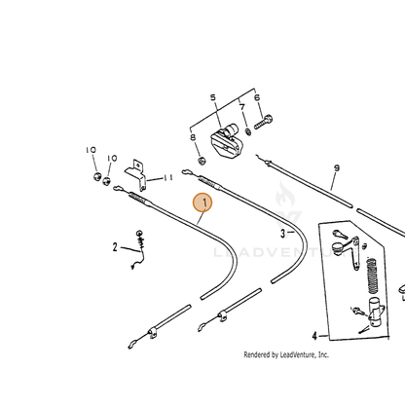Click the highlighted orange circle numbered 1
202,202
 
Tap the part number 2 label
115,247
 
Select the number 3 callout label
283,234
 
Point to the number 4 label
314,336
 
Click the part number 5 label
213,97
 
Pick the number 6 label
257,97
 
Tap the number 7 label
242,107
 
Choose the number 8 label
193,137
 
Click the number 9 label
337,168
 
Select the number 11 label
168,178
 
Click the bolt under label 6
263,123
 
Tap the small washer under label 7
248,132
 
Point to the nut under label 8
202,161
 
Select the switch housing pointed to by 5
226,141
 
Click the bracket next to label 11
136,174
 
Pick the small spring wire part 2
138,249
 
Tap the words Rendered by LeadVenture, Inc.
286,354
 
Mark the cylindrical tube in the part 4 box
375,313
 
